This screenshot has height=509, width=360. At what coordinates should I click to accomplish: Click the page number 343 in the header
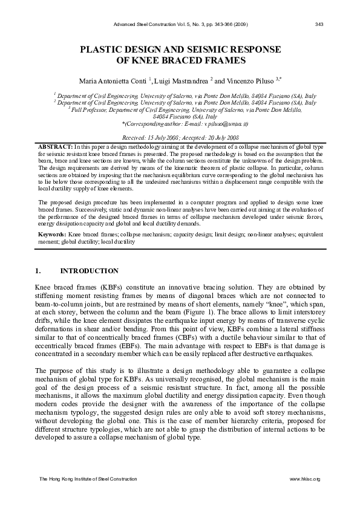tap(320, 24)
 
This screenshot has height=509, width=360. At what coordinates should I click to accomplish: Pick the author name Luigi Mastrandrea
tap(180, 80)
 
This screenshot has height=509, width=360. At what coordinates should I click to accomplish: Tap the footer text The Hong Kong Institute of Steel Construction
tap(88, 479)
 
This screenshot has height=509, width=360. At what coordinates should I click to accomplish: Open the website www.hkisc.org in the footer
tap(305, 479)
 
